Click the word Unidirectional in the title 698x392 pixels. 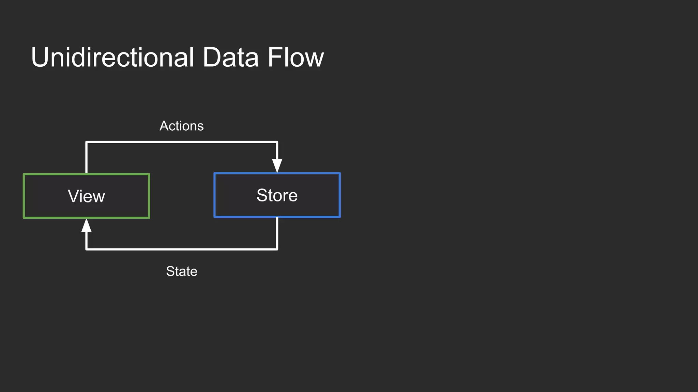pos(112,57)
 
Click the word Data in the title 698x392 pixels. pos(230,57)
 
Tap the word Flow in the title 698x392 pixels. pos(295,57)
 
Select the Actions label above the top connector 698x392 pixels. pos(181,126)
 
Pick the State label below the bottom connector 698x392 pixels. pos(181,271)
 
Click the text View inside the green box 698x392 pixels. pos(86,196)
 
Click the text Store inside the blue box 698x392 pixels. pos(277,195)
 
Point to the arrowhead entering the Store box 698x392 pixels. pos(277,166)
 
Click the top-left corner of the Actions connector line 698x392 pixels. pos(87,142)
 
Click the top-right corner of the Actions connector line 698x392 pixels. pos(277,142)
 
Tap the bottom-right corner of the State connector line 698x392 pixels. pos(277,249)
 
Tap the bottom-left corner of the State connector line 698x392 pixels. pos(87,249)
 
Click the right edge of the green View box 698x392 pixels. pos(149,196)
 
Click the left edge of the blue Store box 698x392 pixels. pos(215,195)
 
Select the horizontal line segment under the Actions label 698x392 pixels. pos(181,142)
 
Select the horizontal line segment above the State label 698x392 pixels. pos(181,249)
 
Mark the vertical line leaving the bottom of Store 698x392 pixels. pos(277,233)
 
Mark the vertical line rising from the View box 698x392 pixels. pos(87,158)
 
